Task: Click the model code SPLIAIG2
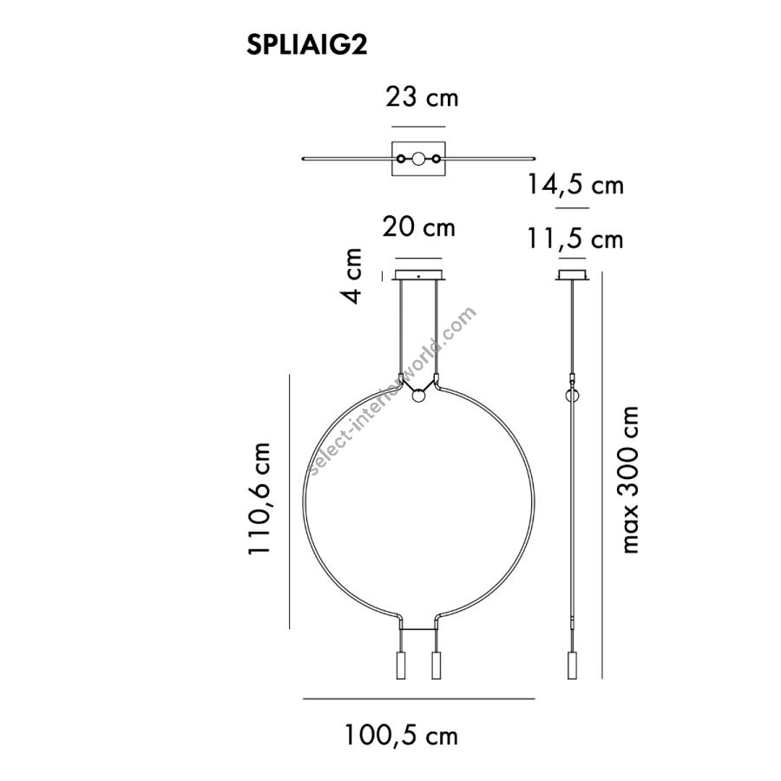pyautogui.click(x=307, y=45)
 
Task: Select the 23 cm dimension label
pyautogui.click(x=422, y=97)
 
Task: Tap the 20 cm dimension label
pyautogui.click(x=418, y=227)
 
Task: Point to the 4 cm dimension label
pyautogui.click(x=351, y=276)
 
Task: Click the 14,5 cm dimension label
pyautogui.click(x=575, y=185)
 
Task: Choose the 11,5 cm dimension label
pyautogui.click(x=575, y=240)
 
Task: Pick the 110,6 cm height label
pyautogui.click(x=259, y=498)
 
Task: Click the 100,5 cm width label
pyautogui.click(x=401, y=735)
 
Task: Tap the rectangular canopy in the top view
pyautogui.click(x=418, y=159)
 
